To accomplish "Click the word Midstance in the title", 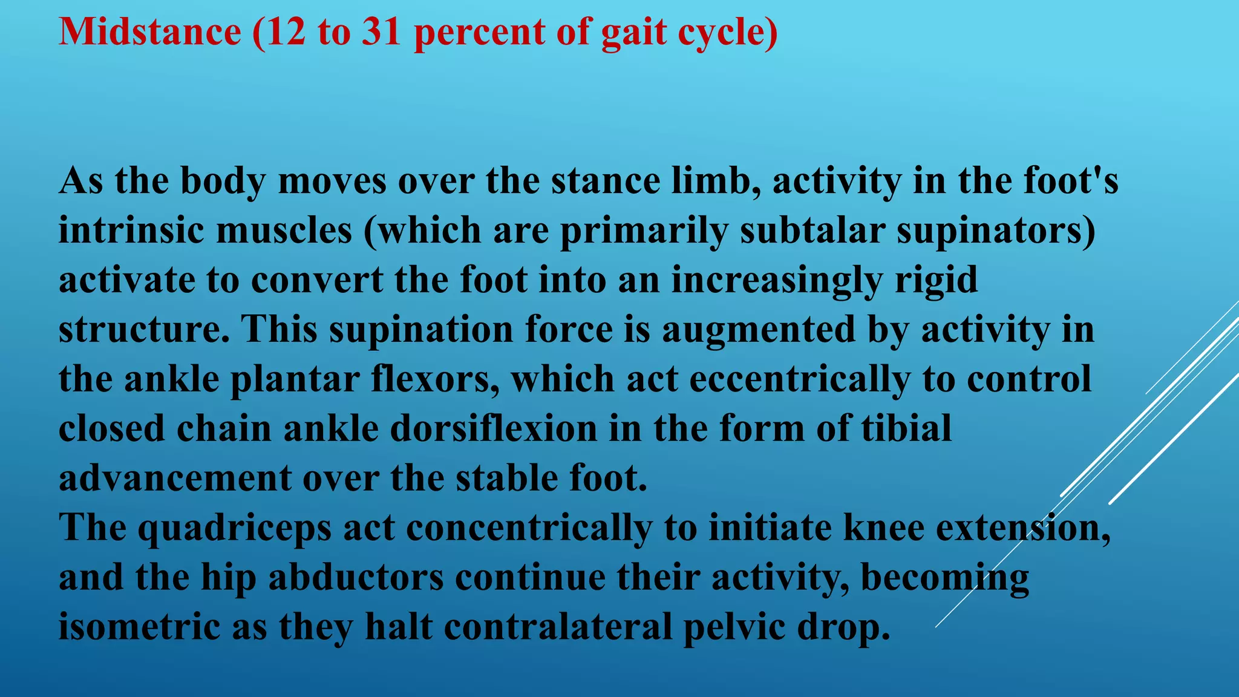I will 149,31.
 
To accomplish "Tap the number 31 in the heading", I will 382,31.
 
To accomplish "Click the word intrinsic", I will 131,231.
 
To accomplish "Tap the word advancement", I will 175,479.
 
